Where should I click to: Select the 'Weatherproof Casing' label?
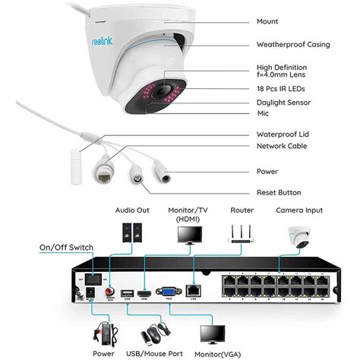pyautogui.click(x=292, y=45)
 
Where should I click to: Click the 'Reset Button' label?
pyautogui.click(x=279, y=192)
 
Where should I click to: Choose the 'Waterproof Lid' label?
pyautogui.click(x=282, y=134)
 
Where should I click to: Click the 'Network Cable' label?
pyautogui.click(x=282, y=146)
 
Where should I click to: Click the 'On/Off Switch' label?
pyautogui.click(x=67, y=247)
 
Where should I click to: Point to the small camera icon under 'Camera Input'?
pyautogui.click(x=299, y=236)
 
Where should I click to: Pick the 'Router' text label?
pyautogui.click(x=241, y=210)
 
